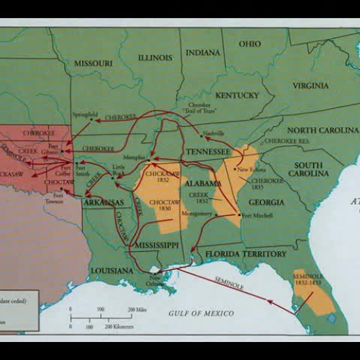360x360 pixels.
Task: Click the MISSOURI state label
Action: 93,63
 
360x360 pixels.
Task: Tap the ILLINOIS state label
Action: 156,58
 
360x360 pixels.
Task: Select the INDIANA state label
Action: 203,53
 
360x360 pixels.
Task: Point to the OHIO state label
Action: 250,44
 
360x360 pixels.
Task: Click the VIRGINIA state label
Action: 310,86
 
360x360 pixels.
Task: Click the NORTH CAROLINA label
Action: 323,130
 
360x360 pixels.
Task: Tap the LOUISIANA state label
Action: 112,270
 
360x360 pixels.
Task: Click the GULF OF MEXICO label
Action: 203,313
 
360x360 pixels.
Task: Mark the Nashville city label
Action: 214,134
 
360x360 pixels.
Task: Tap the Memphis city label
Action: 133,156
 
